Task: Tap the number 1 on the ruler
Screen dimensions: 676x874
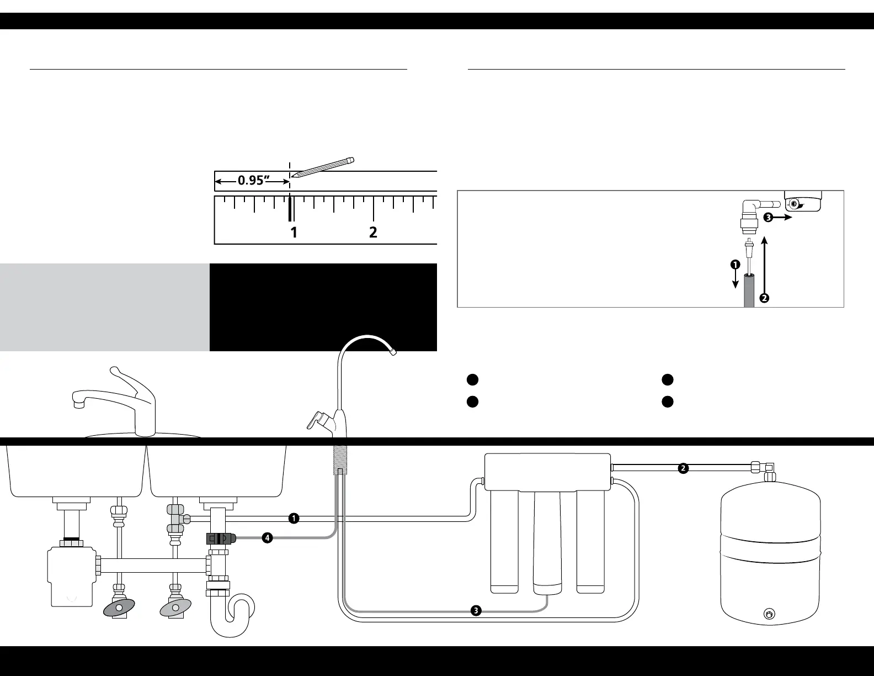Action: click(294, 232)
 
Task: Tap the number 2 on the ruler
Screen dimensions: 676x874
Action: click(373, 232)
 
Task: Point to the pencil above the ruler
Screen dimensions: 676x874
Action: click(323, 167)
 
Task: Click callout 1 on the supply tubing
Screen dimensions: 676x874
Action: click(294, 518)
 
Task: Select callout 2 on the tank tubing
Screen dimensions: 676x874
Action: click(683, 468)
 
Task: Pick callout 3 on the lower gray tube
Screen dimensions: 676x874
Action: click(476, 611)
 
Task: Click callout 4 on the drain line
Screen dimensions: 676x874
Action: click(267, 537)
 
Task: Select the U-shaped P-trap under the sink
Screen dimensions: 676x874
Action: click(232, 616)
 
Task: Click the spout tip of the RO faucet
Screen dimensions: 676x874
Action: click(393, 351)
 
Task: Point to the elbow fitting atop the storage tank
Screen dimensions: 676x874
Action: click(769, 471)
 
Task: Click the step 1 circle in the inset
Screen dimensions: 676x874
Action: click(735, 265)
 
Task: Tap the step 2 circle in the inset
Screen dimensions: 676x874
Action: click(764, 298)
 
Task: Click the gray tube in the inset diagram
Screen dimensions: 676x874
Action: click(749, 292)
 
